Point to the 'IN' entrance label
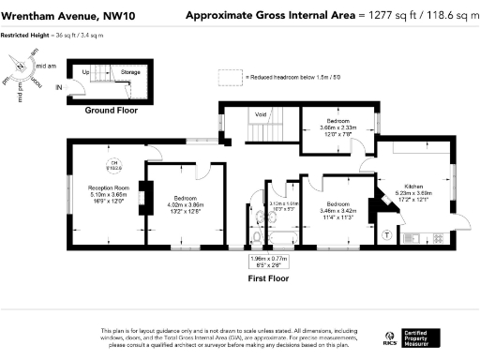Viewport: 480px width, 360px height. (60, 87)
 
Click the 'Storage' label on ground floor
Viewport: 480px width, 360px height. (130, 71)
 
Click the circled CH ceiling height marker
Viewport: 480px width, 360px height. (115, 167)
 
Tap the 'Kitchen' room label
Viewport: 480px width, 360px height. (413, 186)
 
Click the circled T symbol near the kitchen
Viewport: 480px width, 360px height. (388, 233)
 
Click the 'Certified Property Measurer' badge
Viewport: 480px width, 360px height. (427, 336)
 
